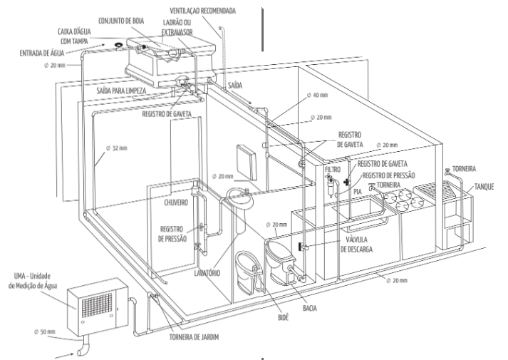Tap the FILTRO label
coord(333,170)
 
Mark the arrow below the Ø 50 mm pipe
coord(71,353)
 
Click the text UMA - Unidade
coord(33,274)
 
